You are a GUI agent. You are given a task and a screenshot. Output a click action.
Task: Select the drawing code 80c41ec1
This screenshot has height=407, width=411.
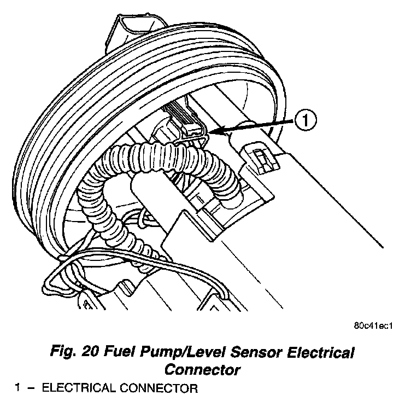tap(373, 327)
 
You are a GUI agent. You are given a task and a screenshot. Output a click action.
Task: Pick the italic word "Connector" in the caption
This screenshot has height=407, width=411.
tap(203, 370)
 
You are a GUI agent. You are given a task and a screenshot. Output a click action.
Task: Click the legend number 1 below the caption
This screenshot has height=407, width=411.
tap(18, 389)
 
